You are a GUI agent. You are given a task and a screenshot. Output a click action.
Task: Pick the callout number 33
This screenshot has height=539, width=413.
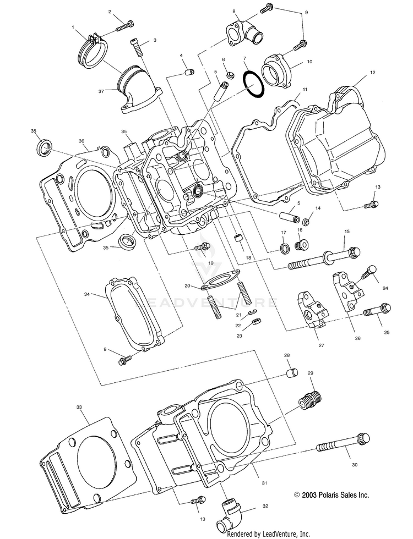79,406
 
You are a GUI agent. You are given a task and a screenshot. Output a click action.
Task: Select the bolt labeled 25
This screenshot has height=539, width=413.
377,311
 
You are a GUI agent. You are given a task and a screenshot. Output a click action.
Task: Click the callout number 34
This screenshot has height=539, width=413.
87,295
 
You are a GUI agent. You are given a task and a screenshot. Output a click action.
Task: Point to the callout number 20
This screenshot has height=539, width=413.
187,286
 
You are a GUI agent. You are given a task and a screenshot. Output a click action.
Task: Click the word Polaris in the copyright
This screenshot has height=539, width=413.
327,495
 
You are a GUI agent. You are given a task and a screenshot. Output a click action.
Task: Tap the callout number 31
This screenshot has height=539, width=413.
264,483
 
